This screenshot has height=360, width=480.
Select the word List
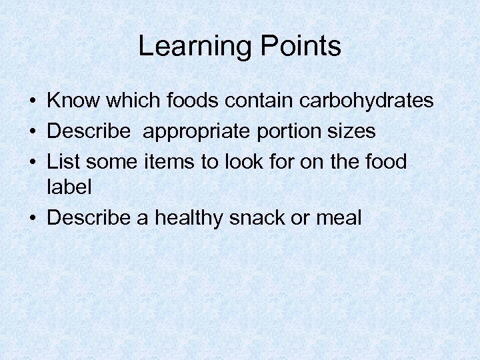click(x=61, y=161)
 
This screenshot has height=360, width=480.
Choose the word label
click(x=69, y=187)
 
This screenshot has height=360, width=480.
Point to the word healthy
click(x=195, y=217)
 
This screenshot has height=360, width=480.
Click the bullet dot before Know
click(x=32, y=102)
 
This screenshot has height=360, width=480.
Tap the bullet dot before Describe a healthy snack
click(x=32, y=218)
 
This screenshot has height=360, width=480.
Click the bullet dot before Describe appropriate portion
click(x=32, y=132)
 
